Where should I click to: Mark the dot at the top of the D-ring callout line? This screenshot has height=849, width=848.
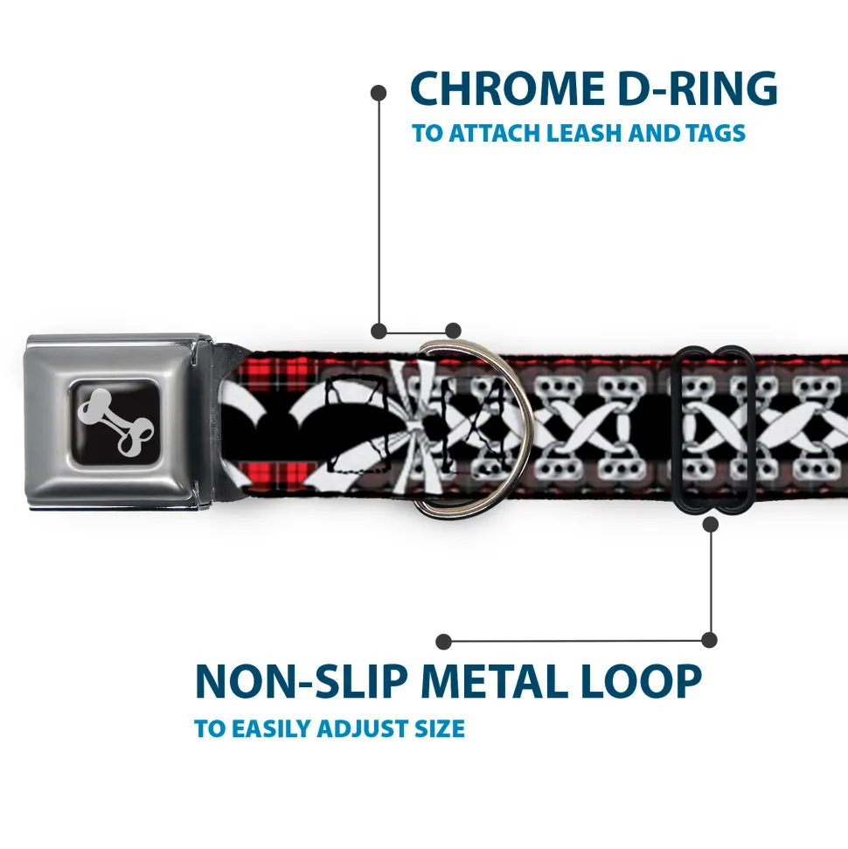click(x=379, y=92)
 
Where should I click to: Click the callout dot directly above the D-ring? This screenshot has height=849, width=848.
click(x=453, y=331)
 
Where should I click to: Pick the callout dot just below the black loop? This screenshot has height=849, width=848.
click(x=710, y=525)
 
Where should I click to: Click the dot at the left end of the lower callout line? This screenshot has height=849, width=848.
click(x=444, y=642)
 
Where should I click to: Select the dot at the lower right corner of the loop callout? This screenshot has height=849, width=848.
click(x=710, y=640)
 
